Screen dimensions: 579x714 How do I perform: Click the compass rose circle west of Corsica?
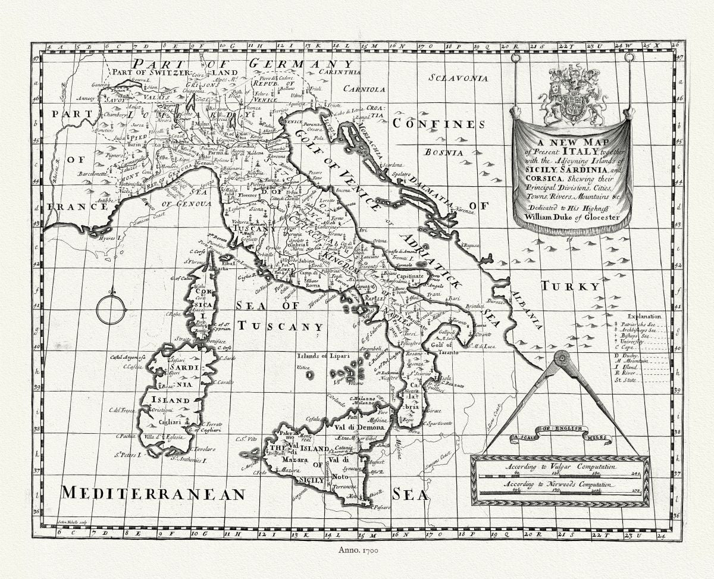click(111, 308)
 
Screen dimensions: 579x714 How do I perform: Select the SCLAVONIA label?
click(459, 78)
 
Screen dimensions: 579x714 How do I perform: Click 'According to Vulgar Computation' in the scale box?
click(559, 468)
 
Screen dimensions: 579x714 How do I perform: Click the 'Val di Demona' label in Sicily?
click(362, 427)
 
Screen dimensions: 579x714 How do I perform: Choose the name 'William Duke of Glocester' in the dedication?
click(572, 217)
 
